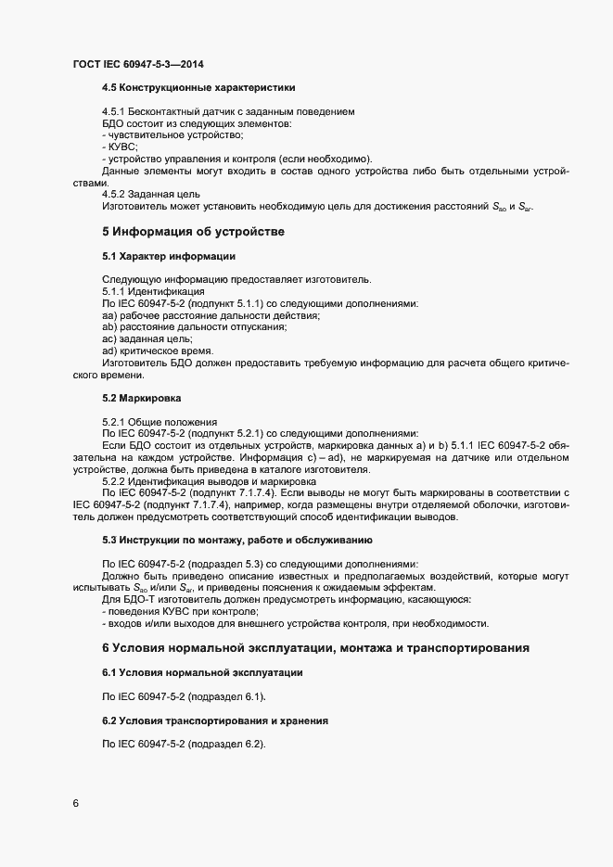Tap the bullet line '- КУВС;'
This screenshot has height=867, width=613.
(x=120, y=147)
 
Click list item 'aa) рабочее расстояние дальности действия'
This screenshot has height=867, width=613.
(x=211, y=316)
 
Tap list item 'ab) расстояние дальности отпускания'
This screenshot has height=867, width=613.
(x=195, y=327)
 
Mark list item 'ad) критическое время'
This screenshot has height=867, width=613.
(x=157, y=351)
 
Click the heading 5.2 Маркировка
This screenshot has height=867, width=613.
(x=142, y=398)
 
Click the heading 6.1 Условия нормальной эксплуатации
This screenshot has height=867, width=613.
(x=200, y=671)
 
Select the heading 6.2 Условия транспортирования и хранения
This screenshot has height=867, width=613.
(x=212, y=720)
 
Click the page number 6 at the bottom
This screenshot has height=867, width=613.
(x=75, y=803)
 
